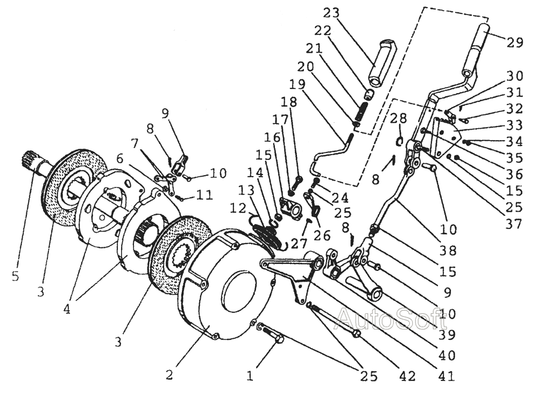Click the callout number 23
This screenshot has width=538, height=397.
coord(331,13)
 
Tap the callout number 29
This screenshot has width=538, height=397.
coord(515,42)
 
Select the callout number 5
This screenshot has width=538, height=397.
coord(15,276)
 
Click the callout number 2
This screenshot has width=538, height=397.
coord(169,374)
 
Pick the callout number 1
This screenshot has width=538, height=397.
coord(250,375)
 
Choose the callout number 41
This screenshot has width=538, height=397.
coord(447,375)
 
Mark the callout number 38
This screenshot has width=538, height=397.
coord(449,250)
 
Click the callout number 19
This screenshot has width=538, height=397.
coord(297,84)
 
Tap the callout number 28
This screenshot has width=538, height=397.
coord(398,118)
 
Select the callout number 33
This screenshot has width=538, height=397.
coord(515,124)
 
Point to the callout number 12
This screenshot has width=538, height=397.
coord(238,208)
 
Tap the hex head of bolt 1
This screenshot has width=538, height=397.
coord(279,339)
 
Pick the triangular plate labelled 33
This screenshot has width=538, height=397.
coord(445,137)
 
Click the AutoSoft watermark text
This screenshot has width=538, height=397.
coord(391,318)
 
